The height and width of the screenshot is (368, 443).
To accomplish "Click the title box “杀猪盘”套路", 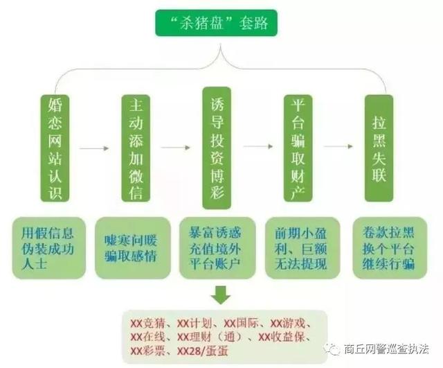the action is point(216,23).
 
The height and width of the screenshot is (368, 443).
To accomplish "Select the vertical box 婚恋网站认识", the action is point(55,148).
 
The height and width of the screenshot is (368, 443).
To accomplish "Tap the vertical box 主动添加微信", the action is point(136,148).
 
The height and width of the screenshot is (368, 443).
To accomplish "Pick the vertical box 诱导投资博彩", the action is point(217,148).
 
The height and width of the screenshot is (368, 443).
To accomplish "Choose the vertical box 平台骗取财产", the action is point(298,148).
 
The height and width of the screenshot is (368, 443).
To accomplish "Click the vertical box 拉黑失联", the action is point(379,148).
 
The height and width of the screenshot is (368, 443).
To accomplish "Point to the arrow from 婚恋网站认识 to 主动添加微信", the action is point(94,148).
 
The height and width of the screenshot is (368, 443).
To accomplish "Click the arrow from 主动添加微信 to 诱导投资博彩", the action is point(175,148).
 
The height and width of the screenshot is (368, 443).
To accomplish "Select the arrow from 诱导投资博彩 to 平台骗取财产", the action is point(258,146).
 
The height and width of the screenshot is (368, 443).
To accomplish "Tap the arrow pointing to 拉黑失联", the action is point(338,146).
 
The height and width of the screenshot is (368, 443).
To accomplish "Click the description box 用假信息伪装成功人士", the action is point(49,248).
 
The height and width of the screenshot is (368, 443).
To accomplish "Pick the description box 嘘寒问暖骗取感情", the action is point(133,248).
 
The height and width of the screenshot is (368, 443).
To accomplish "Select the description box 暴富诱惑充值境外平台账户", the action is point(217,248).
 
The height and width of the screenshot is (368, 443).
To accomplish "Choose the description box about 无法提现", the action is point(302,248).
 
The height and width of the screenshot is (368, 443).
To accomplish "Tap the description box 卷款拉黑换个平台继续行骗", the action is point(390,248).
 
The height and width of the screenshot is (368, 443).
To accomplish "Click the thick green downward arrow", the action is point(221,295).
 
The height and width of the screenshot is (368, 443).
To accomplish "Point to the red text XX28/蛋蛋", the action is point(202,351).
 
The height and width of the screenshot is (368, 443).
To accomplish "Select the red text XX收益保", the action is point(282,337).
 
